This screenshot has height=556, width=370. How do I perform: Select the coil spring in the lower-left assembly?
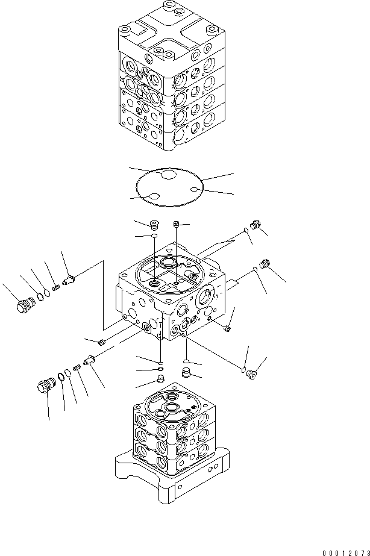point(77,369)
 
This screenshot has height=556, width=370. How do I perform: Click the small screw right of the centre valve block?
point(227,328)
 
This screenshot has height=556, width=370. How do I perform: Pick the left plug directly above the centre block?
point(152,225)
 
